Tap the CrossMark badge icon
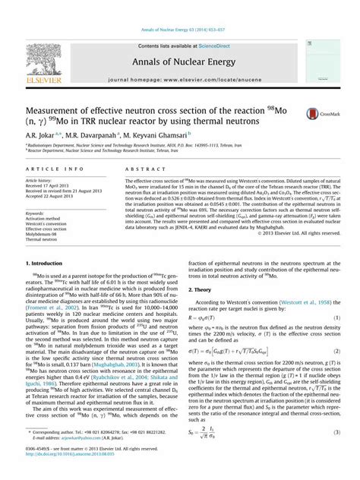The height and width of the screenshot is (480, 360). pyautogui.click(x=311, y=114)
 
